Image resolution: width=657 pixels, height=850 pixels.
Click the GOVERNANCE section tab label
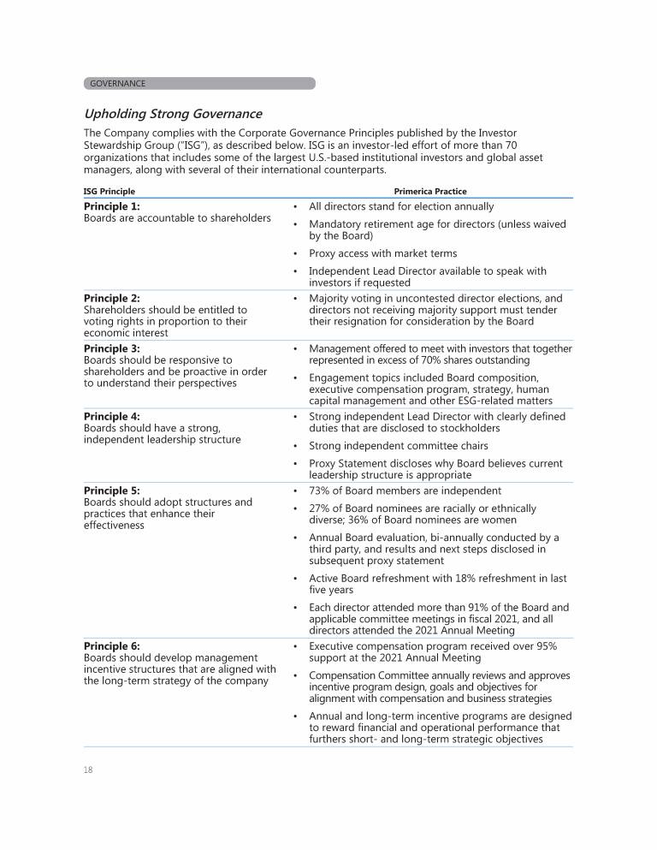[x=117, y=84]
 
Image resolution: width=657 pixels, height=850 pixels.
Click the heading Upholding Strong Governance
[x=173, y=114]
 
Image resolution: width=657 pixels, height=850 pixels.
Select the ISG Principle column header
[x=109, y=191]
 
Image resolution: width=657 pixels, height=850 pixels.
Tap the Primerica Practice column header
[x=430, y=191]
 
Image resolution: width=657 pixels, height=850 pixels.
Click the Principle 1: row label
[x=112, y=206]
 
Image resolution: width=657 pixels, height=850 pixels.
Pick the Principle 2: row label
[x=112, y=299]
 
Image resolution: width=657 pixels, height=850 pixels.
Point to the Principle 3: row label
[x=112, y=348]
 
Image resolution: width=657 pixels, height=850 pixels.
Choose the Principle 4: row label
[x=112, y=416]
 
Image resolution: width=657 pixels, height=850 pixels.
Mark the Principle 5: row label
[x=112, y=490]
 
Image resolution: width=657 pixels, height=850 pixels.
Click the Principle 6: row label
[x=112, y=645]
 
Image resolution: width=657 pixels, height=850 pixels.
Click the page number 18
[x=88, y=770]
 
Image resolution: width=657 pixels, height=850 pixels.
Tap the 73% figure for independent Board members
[x=322, y=490]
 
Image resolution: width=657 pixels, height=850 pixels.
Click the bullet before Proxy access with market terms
[x=295, y=253]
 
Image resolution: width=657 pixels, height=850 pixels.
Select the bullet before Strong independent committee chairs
[x=295, y=445]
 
